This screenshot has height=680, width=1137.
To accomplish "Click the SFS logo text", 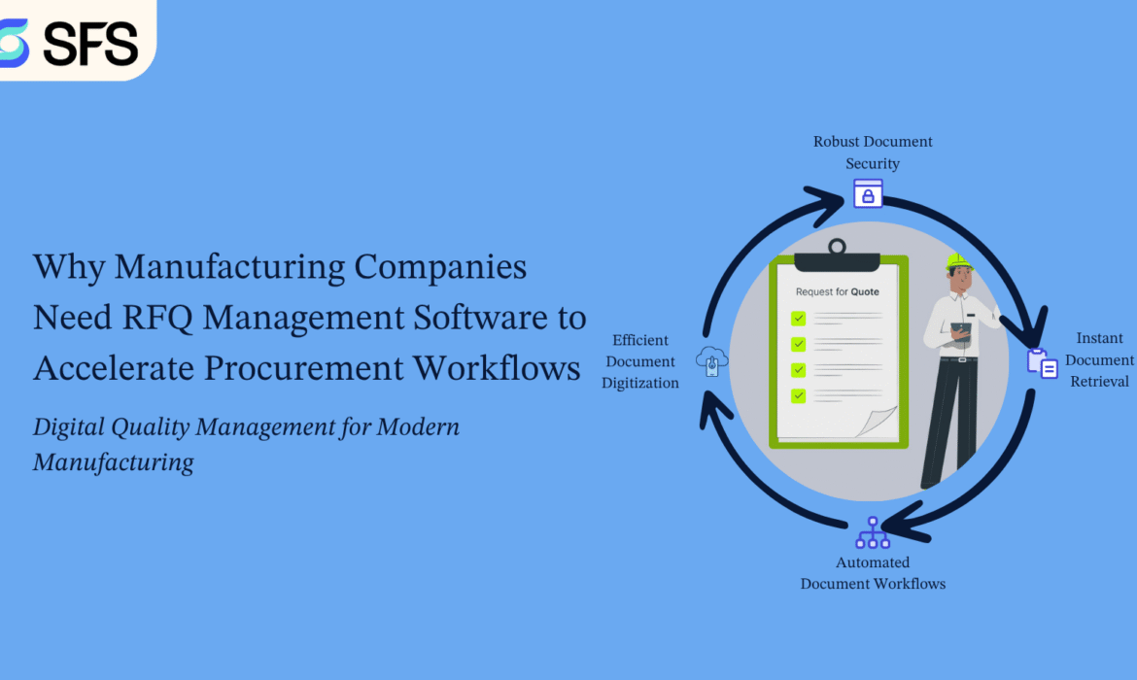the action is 90,44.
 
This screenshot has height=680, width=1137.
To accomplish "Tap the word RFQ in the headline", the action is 157,319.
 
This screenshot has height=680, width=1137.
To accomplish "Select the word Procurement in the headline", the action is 304,367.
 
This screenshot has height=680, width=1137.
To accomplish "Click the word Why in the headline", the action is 69,267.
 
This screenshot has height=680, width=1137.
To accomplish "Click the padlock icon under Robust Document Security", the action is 868,193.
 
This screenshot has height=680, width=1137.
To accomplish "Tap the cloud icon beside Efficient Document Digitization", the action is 712,361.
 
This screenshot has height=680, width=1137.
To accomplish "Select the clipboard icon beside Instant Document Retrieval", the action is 1043,364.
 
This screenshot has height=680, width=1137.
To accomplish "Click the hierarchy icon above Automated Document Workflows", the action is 873,533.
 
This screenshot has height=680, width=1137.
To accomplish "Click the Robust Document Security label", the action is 873,153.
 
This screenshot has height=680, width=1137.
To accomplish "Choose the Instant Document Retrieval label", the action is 1099,359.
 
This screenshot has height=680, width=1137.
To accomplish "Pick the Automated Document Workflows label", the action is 873,573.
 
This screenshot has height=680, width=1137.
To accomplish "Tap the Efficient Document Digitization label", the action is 640,361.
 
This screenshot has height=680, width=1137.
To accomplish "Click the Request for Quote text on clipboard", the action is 837,291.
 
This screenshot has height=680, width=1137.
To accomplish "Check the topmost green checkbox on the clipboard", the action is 799,319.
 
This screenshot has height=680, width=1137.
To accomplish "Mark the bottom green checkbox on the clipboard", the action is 799,395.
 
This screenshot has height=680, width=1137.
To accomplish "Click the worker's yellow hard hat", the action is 958,261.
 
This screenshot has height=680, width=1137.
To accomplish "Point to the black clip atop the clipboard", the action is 837,256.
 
